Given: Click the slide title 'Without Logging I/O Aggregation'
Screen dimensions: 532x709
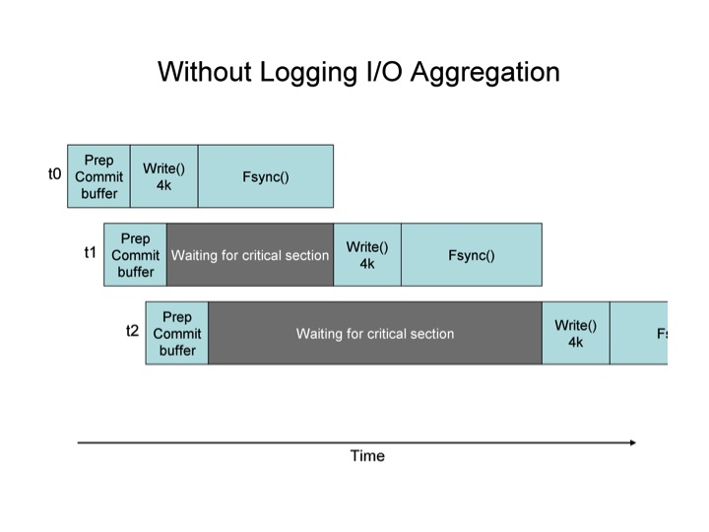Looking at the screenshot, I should [358, 72].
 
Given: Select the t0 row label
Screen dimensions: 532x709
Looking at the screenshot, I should [54, 174].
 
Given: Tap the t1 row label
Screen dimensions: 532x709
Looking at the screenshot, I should [91, 252].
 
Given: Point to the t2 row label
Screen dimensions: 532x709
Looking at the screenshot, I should [133, 331].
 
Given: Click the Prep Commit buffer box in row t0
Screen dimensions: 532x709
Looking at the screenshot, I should [98, 176].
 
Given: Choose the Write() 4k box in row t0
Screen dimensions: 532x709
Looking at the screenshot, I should [163, 176].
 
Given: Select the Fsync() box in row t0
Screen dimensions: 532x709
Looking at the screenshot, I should [265, 176].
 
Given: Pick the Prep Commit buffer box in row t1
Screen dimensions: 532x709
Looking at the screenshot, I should [136, 254].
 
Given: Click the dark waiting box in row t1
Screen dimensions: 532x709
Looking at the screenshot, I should [250, 255].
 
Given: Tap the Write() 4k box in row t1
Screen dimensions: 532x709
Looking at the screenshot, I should [367, 255].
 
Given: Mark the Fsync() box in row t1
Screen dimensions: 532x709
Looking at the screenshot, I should [471, 255].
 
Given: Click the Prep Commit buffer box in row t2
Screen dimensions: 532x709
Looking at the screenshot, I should [177, 333].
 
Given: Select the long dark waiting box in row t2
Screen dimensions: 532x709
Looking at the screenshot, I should [375, 334].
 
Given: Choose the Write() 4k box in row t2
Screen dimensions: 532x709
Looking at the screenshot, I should [576, 333].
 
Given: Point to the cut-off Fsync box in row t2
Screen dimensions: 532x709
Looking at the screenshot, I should [639, 333].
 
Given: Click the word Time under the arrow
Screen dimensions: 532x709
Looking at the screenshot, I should [367, 456].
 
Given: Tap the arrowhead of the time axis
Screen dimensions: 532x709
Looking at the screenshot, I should [631, 443].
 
